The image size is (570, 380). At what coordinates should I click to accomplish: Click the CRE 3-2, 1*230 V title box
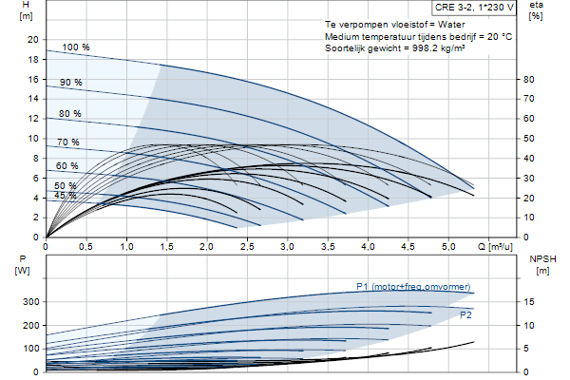point(474,8)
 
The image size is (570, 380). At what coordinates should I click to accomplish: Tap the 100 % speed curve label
point(76,47)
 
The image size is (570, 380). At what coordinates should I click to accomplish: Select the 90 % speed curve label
point(71,83)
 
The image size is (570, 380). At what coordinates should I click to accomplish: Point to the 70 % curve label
point(68,142)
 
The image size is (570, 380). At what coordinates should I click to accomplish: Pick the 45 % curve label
point(66,196)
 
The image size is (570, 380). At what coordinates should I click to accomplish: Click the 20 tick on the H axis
point(33,40)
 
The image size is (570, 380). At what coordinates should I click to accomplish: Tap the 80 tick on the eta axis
point(528,79)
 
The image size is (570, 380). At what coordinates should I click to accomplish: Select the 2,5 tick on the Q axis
point(247,247)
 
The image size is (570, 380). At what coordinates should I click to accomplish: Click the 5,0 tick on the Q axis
point(448,247)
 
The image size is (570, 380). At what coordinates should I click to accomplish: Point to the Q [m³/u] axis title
point(495,247)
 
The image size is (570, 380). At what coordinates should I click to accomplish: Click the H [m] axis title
point(26,10)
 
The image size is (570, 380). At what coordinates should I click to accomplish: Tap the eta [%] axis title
point(536,10)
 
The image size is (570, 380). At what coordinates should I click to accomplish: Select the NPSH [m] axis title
point(542,265)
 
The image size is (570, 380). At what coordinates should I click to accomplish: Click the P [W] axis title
point(23,265)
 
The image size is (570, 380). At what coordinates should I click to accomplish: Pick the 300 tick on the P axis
point(31,302)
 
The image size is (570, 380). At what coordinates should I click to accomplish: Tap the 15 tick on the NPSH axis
point(529,302)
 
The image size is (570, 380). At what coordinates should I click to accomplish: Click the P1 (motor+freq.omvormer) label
point(413,287)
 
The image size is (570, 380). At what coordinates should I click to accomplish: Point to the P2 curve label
point(465,314)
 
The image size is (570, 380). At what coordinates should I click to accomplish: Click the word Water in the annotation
point(451,25)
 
